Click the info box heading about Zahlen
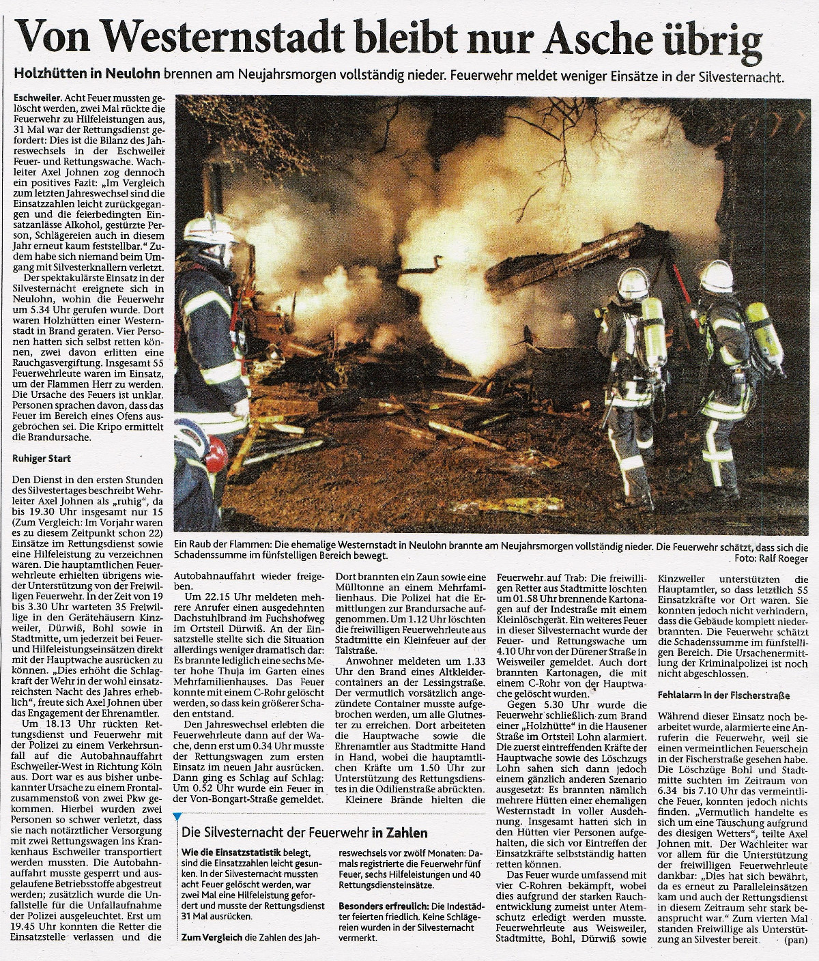(304, 833)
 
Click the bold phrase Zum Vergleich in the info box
(212, 938)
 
